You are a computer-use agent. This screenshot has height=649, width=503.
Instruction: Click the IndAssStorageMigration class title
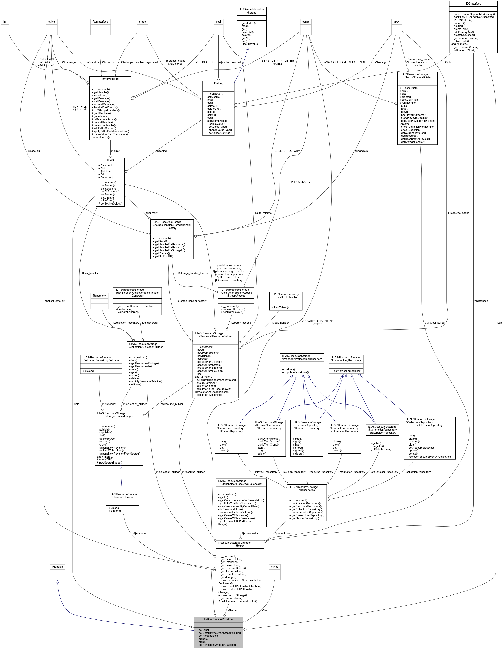tap(218, 619)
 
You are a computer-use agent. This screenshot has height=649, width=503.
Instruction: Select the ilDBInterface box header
tap(473, 3)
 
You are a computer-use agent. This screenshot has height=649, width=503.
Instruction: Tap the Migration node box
tap(57, 567)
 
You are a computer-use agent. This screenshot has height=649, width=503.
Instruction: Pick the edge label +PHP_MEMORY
tap(299, 182)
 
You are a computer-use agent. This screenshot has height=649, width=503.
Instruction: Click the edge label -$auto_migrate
tap(263, 213)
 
